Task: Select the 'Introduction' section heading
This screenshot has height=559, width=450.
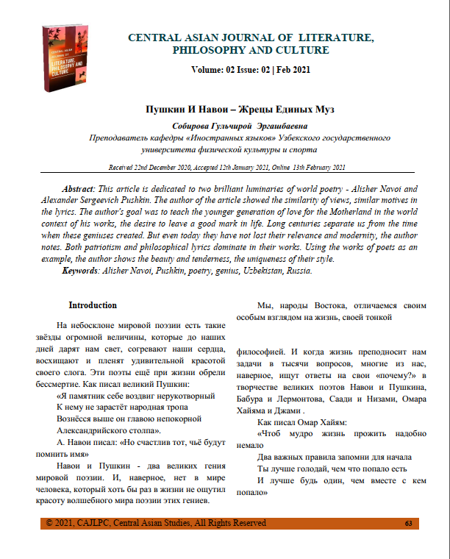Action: (93, 305)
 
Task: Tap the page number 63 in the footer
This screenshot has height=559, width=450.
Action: (408, 524)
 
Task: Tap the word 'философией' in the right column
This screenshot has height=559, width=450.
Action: (262, 351)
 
